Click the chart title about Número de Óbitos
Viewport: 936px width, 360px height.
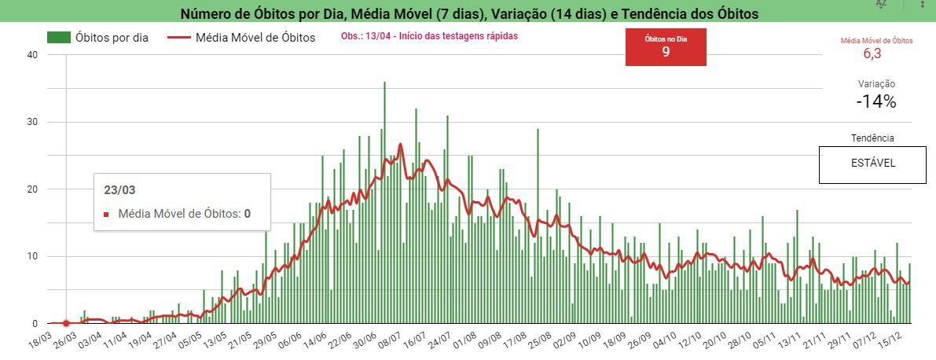point(469,13)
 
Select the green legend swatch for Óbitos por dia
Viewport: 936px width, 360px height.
point(59,37)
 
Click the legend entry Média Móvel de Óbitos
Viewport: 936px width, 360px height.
point(255,37)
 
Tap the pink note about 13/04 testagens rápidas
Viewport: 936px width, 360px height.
point(429,36)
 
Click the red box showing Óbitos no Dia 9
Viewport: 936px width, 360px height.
point(666,47)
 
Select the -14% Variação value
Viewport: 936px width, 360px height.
point(876,101)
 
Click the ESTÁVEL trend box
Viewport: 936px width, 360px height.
point(872,164)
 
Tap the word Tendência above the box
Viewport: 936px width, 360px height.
point(872,138)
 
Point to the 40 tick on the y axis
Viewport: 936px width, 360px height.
point(32,55)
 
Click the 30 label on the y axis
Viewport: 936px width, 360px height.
point(32,122)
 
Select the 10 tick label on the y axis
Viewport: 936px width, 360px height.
point(32,256)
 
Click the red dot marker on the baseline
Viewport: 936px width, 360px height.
point(66,323)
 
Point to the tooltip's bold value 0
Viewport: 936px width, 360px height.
point(247,214)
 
